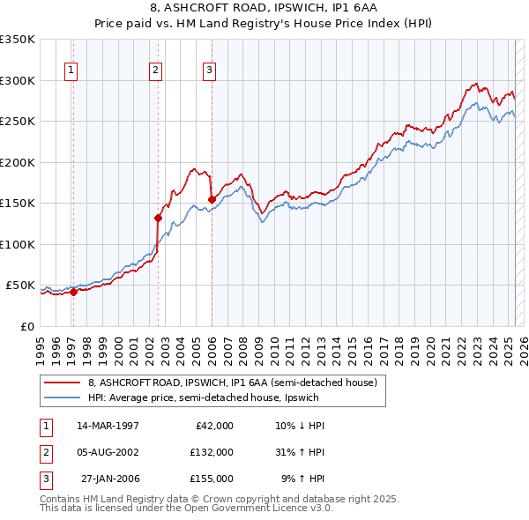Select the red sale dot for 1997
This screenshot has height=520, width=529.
pos(74,293)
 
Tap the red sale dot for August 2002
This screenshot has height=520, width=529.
pos(159,218)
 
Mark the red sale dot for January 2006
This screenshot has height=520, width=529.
pos(212,199)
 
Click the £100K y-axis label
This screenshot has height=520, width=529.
pos(18,244)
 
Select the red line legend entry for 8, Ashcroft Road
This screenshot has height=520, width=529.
pos(233,383)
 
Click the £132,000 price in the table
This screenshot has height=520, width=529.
pos(211,452)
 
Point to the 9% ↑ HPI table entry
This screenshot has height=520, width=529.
pos(302,479)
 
